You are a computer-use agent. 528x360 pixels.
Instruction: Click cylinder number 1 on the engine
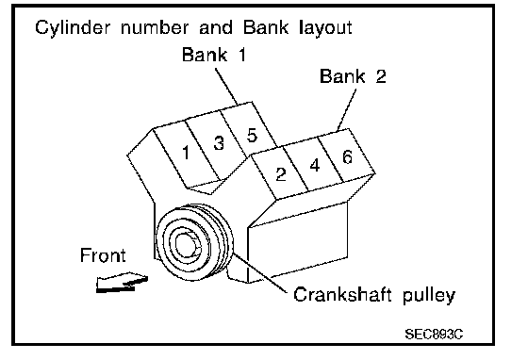(x=186, y=153)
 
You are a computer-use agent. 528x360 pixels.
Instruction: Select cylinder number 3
(x=219, y=142)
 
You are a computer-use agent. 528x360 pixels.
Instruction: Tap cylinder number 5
(x=252, y=135)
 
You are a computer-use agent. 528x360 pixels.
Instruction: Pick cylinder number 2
(x=281, y=174)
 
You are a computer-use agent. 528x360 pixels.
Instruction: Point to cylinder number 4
(x=315, y=165)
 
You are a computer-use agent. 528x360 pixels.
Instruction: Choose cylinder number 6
(x=348, y=156)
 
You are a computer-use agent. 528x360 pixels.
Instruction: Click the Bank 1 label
(x=214, y=55)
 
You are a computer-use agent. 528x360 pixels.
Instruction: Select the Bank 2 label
(x=353, y=76)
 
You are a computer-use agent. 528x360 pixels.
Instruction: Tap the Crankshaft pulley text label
(x=374, y=295)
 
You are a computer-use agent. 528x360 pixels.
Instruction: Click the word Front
(x=103, y=255)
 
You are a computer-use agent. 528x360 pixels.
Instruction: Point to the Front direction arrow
(x=122, y=283)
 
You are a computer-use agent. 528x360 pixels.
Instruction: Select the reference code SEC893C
(x=434, y=335)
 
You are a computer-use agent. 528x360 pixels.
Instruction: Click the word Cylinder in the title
(x=73, y=27)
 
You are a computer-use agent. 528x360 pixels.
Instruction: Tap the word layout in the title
(x=325, y=28)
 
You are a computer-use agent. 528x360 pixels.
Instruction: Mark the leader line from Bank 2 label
(x=347, y=110)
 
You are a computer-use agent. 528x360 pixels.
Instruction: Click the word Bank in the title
(x=266, y=27)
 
